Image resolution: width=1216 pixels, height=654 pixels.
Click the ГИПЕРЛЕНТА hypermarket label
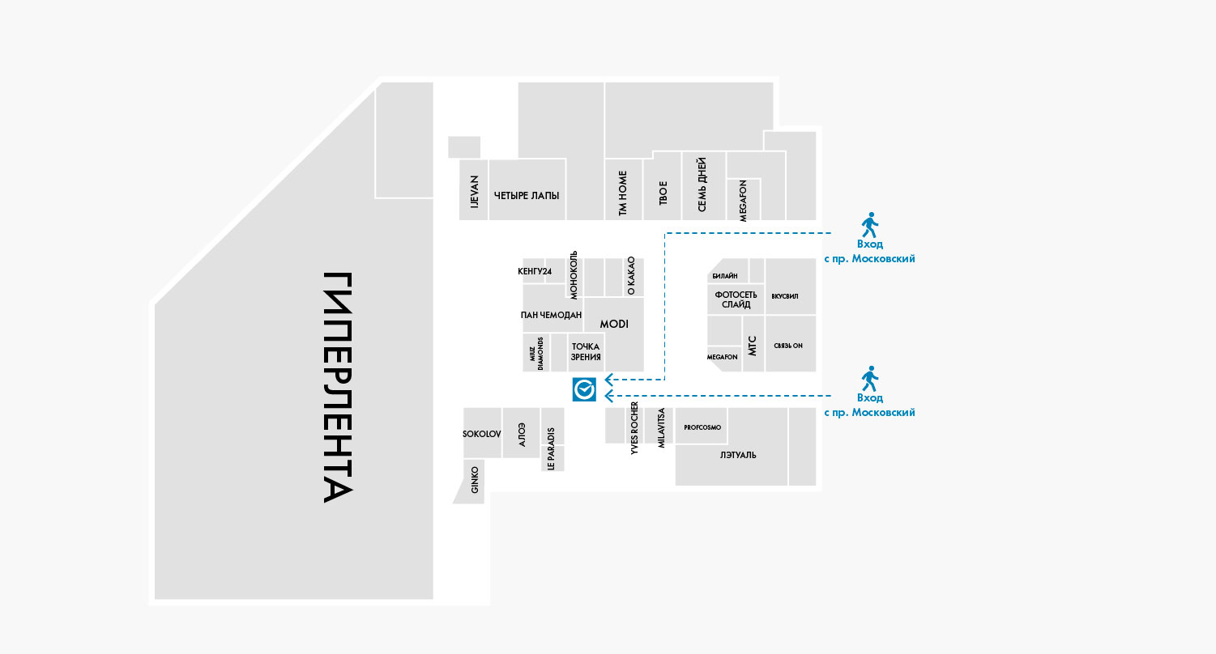click(338, 387)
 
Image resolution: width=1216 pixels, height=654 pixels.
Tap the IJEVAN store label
click(475, 194)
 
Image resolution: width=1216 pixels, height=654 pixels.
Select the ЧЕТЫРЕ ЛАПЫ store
click(527, 195)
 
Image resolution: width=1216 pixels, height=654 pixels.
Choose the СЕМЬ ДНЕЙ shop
click(702, 185)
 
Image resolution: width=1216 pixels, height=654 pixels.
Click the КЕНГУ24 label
click(535, 271)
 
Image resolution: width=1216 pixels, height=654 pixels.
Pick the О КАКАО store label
click(631, 276)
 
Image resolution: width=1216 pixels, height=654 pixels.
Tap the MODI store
click(614, 324)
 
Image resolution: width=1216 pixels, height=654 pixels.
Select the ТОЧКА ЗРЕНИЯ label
click(585, 351)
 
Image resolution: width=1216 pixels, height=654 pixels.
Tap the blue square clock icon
click(584, 389)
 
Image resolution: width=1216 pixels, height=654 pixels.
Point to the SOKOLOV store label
click(482, 434)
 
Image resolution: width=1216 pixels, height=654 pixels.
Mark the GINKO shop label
click(475, 480)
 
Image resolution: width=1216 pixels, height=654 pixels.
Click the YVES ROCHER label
click(634, 429)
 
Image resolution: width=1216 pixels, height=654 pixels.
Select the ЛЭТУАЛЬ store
click(738, 455)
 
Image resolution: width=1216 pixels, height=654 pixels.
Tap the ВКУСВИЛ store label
click(785, 296)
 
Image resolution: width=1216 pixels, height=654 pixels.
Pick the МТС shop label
click(752, 346)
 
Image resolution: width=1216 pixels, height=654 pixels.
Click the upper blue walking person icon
click(869, 224)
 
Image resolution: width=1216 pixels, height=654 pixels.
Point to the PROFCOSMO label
click(702, 427)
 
